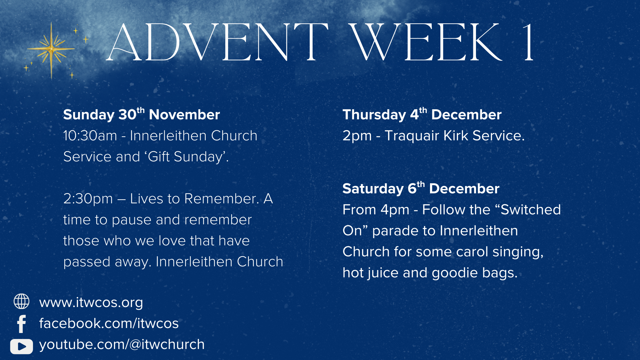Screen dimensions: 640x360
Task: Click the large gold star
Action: (51, 50)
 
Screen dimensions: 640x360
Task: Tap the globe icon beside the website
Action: (21, 301)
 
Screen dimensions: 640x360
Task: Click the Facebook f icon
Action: (22, 324)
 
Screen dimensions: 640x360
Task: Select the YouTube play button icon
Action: (22, 346)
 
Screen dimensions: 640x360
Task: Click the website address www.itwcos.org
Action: (91, 303)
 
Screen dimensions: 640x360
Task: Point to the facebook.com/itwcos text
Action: (109, 323)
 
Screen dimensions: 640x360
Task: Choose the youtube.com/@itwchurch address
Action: (122, 345)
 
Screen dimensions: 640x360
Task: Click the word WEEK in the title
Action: (425, 42)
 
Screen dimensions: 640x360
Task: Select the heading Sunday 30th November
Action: (142, 114)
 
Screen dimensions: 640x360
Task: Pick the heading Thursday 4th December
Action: (422, 114)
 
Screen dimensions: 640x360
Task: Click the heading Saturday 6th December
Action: (421, 188)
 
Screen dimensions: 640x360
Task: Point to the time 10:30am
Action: (90, 136)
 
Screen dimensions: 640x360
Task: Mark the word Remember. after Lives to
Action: (222, 199)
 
